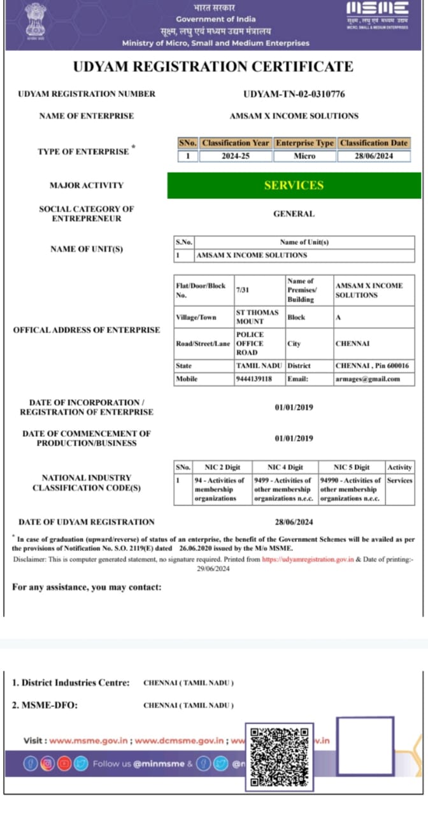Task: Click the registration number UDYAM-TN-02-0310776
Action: (x=294, y=94)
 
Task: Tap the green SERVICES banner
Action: (x=294, y=186)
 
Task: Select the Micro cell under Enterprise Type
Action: (x=304, y=156)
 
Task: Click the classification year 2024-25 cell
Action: (x=235, y=156)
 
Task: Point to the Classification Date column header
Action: (x=374, y=143)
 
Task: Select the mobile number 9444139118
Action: (x=253, y=379)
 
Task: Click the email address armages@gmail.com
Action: (x=367, y=379)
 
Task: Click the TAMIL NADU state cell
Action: (x=259, y=366)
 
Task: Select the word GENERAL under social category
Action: (x=294, y=214)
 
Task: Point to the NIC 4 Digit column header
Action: (x=285, y=467)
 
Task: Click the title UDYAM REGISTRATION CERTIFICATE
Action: (x=213, y=66)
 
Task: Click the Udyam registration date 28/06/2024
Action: (x=294, y=522)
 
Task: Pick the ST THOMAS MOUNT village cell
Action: (x=257, y=317)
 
